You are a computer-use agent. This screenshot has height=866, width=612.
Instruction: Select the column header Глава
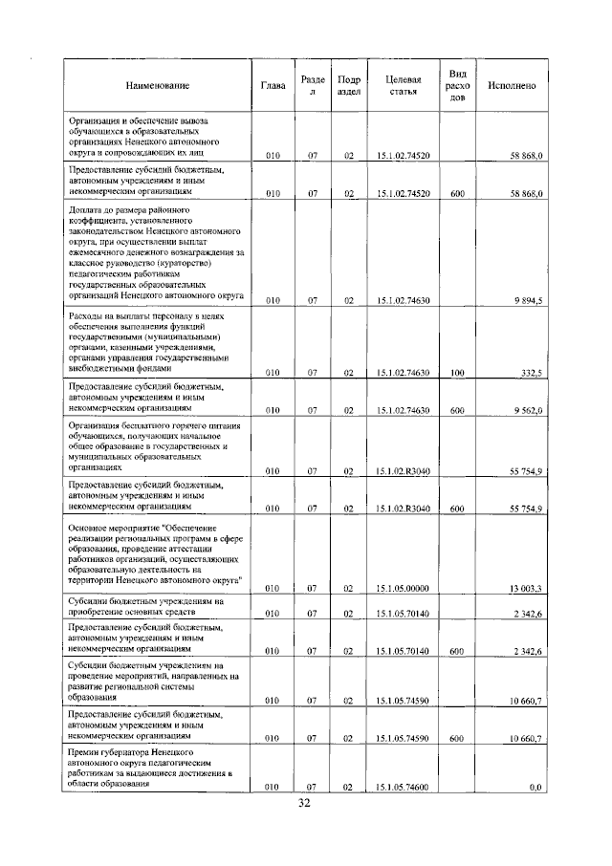tap(273, 86)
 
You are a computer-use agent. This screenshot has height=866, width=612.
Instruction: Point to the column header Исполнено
tap(512, 86)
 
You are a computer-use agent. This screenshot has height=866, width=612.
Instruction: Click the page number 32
tap(305, 804)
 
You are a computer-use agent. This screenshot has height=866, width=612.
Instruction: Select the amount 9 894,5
tap(527, 300)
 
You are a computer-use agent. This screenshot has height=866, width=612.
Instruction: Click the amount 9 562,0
tap(527, 410)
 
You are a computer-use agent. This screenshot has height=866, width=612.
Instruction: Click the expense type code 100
tap(457, 373)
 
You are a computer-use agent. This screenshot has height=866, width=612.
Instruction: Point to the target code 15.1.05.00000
tap(404, 588)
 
